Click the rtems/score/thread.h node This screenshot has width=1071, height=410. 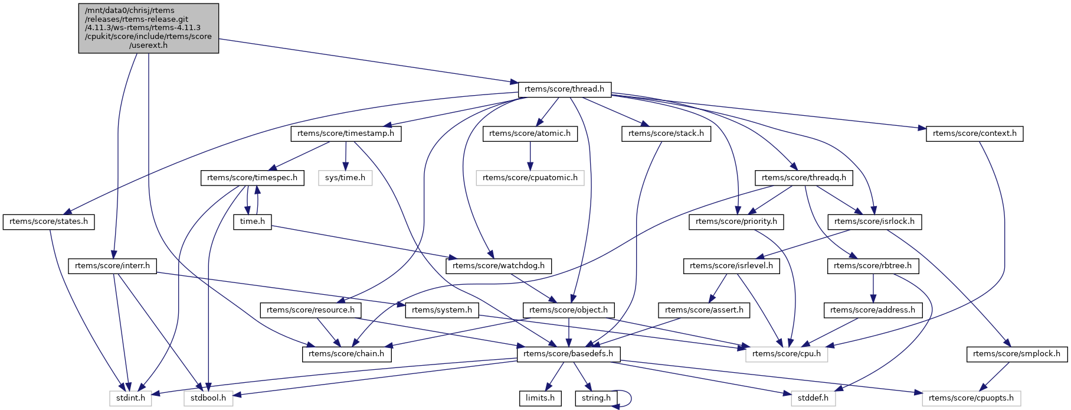pyautogui.click(x=564, y=89)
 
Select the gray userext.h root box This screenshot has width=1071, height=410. pyautogui.click(x=149, y=28)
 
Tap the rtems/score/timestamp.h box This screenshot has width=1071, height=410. pyautogui.click(x=346, y=134)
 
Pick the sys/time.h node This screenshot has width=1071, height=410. pyautogui.click(x=345, y=178)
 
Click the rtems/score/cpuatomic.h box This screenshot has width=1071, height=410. pyautogui.click(x=530, y=178)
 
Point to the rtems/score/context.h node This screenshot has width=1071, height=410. pyautogui.click(x=974, y=134)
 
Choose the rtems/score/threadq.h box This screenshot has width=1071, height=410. pyautogui.click(x=804, y=178)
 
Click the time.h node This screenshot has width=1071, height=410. pyautogui.click(x=253, y=222)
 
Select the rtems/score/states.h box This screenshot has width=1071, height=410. pyautogui.click(x=49, y=222)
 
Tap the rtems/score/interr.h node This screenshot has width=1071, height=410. pyautogui.click(x=113, y=266)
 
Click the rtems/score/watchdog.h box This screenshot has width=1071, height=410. pyautogui.click(x=499, y=266)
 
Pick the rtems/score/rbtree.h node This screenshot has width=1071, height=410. pyautogui.click(x=873, y=266)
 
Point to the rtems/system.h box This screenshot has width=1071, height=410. pyautogui.click(x=442, y=310)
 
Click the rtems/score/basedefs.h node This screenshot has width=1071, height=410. pyautogui.click(x=568, y=354)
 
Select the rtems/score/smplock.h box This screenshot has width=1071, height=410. pyautogui.click(x=1017, y=354)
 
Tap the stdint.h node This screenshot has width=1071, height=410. pyautogui.click(x=130, y=398)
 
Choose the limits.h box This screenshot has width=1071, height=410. pyautogui.click(x=540, y=398)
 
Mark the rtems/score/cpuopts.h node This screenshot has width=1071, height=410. pyautogui.click(x=971, y=398)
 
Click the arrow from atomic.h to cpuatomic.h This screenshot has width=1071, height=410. pyautogui.click(x=530, y=156)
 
